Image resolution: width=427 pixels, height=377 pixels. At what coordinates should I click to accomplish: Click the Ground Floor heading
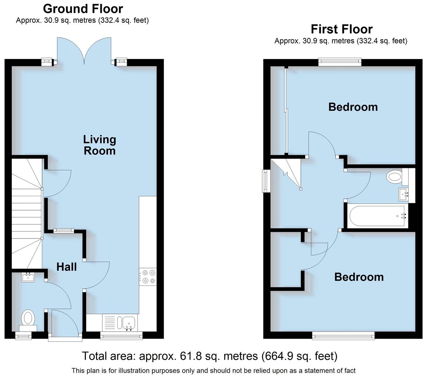[83, 8]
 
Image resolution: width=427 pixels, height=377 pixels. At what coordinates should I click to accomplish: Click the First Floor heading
[341, 29]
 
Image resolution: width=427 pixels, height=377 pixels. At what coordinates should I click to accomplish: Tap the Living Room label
[100, 145]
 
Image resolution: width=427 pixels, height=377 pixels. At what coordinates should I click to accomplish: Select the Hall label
[67, 267]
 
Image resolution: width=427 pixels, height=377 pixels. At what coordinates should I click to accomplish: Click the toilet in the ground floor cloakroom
[28, 319]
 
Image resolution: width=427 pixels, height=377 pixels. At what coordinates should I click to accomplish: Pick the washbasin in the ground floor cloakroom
[27, 277]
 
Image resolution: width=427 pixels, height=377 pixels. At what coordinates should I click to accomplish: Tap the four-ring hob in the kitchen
[148, 276]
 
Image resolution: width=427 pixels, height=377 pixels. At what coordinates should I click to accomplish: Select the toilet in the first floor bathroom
[395, 177]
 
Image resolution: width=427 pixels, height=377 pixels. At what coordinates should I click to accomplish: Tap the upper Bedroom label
[353, 107]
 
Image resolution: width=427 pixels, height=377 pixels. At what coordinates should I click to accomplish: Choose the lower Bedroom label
[359, 277]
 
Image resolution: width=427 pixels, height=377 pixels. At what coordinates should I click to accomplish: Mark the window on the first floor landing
[266, 181]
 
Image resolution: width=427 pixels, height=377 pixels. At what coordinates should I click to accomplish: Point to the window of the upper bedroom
[340, 62]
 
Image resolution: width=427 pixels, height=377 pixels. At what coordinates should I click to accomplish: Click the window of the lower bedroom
[344, 336]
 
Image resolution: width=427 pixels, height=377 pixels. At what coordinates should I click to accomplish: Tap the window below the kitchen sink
[121, 336]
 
